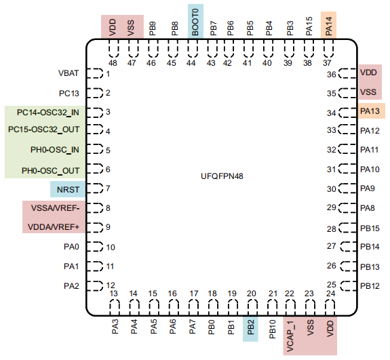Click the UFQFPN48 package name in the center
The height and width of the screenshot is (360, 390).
pyautogui.click(x=222, y=176)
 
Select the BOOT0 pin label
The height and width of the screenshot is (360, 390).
pyautogui.click(x=195, y=22)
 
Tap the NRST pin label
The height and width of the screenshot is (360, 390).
pyautogui.click(x=68, y=190)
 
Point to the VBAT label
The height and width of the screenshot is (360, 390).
pyautogui.click(x=69, y=73)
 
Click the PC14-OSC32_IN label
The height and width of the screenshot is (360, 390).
pyautogui.click(x=48, y=113)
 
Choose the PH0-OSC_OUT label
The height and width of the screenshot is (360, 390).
pyautogui.click(x=50, y=171)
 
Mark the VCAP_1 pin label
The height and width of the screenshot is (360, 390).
pyautogui.click(x=290, y=336)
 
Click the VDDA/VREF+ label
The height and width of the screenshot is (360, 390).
pyautogui.click(x=54, y=227)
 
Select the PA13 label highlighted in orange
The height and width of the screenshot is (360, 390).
pyautogui.click(x=370, y=111)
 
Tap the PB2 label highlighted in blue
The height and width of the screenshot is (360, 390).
pyautogui.click(x=250, y=327)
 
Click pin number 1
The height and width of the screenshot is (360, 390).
pyautogui.click(x=108, y=74)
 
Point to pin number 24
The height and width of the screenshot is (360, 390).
pyautogui.click(x=330, y=294)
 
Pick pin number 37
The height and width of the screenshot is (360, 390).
pyautogui.click(x=328, y=63)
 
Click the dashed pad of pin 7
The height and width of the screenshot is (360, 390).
pyautogui.click(x=95, y=188)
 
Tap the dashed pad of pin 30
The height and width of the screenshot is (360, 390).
pyautogui.click(x=347, y=188)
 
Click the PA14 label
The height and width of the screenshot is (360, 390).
pyautogui.click(x=328, y=26)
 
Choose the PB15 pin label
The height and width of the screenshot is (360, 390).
pyautogui.click(x=370, y=228)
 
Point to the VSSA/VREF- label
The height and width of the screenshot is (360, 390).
pyautogui.click(x=55, y=208)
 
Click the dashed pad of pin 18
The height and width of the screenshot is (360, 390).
pyautogui.click(x=213, y=308)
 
